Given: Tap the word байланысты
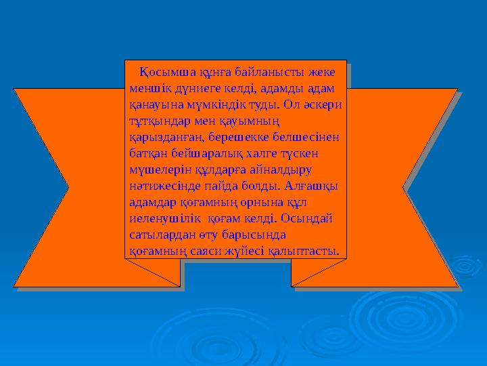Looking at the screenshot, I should pos(256,72).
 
